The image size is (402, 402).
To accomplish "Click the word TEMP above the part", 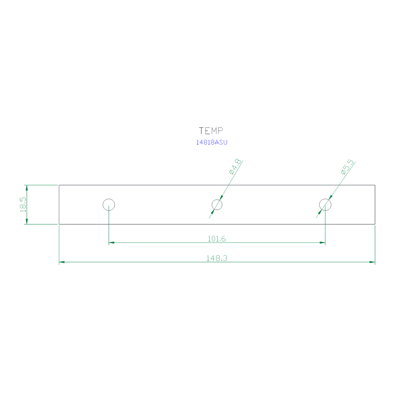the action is pyautogui.click(x=211, y=131).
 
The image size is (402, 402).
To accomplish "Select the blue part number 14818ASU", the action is pyautogui.click(x=211, y=142).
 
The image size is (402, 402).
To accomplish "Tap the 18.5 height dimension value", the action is pyautogui.click(x=23, y=205).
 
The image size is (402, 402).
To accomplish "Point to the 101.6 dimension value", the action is pyautogui.click(x=217, y=239).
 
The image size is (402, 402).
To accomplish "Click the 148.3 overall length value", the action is pyautogui.click(x=217, y=258).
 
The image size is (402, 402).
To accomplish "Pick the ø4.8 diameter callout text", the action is pyautogui.click(x=235, y=167).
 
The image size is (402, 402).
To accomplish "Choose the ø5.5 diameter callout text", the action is pyautogui.click(x=347, y=167).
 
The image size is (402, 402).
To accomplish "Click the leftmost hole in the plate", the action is pyautogui.click(x=109, y=199).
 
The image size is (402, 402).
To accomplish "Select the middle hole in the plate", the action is pyautogui.click(x=217, y=200).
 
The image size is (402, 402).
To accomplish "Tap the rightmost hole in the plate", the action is pyautogui.click(x=325, y=199).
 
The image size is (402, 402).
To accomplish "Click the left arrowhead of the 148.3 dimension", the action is pyautogui.click(x=62, y=262).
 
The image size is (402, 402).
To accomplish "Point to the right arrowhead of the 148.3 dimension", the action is pyautogui.click(x=372, y=262).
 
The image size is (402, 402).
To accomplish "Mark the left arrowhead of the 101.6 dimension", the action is pyautogui.click(x=112, y=243).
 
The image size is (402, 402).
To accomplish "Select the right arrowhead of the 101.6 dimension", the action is pyautogui.click(x=323, y=243).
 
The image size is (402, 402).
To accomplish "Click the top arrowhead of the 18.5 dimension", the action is pyautogui.click(x=27, y=188).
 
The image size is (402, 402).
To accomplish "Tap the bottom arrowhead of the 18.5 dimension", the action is pyautogui.click(x=27, y=221).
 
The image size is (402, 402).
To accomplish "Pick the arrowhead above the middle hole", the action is pyautogui.click(x=221, y=198).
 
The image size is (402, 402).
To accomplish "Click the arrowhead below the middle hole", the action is pyautogui.click(x=213, y=212).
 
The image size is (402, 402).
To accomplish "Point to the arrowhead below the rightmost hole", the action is pyautogui.click(x=320, y=212).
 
